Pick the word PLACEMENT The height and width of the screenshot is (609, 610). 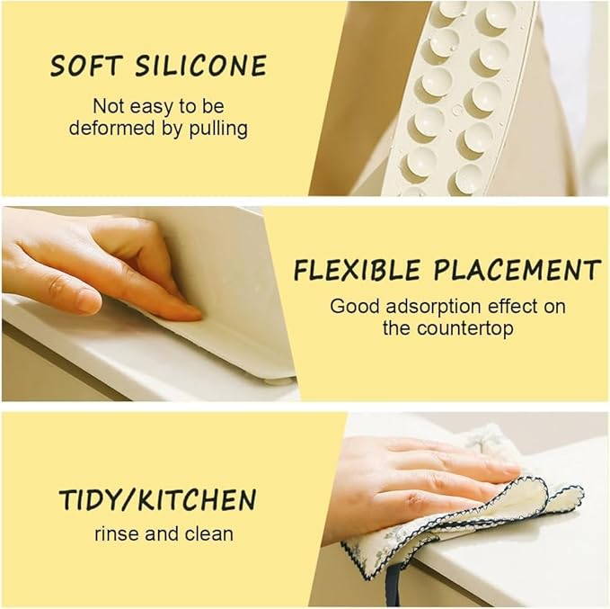click(517, 270)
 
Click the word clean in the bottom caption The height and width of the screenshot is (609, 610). click(209, 533)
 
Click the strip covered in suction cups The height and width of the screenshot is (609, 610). click(458, 99)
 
